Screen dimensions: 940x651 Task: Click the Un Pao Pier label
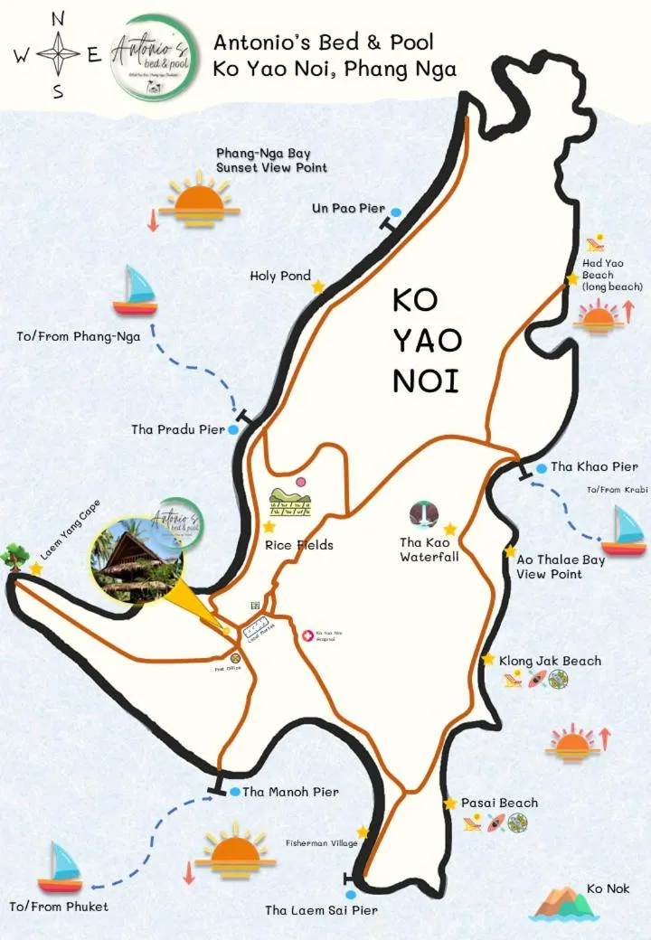click(x=348, y=209)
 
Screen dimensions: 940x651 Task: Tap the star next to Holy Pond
click(x=318, y=287)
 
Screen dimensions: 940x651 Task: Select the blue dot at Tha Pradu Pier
click(x=233, y=430)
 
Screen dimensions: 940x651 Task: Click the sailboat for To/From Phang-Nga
click(x=136, y=290)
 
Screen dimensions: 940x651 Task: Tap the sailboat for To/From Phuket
click(x=61, y=867)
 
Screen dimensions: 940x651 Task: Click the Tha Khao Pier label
click(x=594, y=467)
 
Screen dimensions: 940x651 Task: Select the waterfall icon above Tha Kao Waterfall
click(x=424, y=514)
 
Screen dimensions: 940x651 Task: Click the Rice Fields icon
click(x=290, y=501)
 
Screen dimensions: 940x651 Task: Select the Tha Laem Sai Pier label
click(x=321, y=910)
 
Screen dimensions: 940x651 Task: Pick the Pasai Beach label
click(x=499, y=803)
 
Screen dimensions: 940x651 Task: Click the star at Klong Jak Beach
click(x=489, y=660)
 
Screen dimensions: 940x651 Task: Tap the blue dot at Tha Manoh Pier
click(x=235, y=792)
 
